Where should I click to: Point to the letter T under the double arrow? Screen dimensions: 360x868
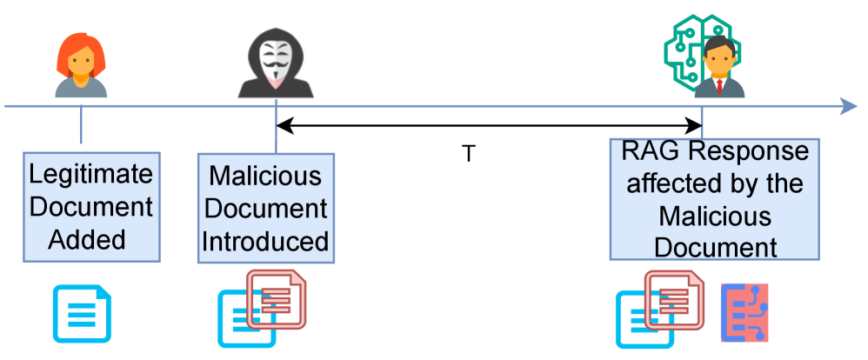coord(468,154)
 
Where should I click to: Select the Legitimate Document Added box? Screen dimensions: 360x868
coord(91,208)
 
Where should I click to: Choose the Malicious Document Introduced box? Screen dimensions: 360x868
coord(266,208)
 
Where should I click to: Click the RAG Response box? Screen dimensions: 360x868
coord(715,198)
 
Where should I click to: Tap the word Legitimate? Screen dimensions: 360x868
coord(91,175)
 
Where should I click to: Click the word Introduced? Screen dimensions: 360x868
coord(266,241)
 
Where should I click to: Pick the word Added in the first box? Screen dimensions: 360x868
coord(91,241)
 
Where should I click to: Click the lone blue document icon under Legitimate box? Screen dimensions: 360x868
coord(83,312)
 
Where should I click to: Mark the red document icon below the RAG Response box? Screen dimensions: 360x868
coord(675,298)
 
